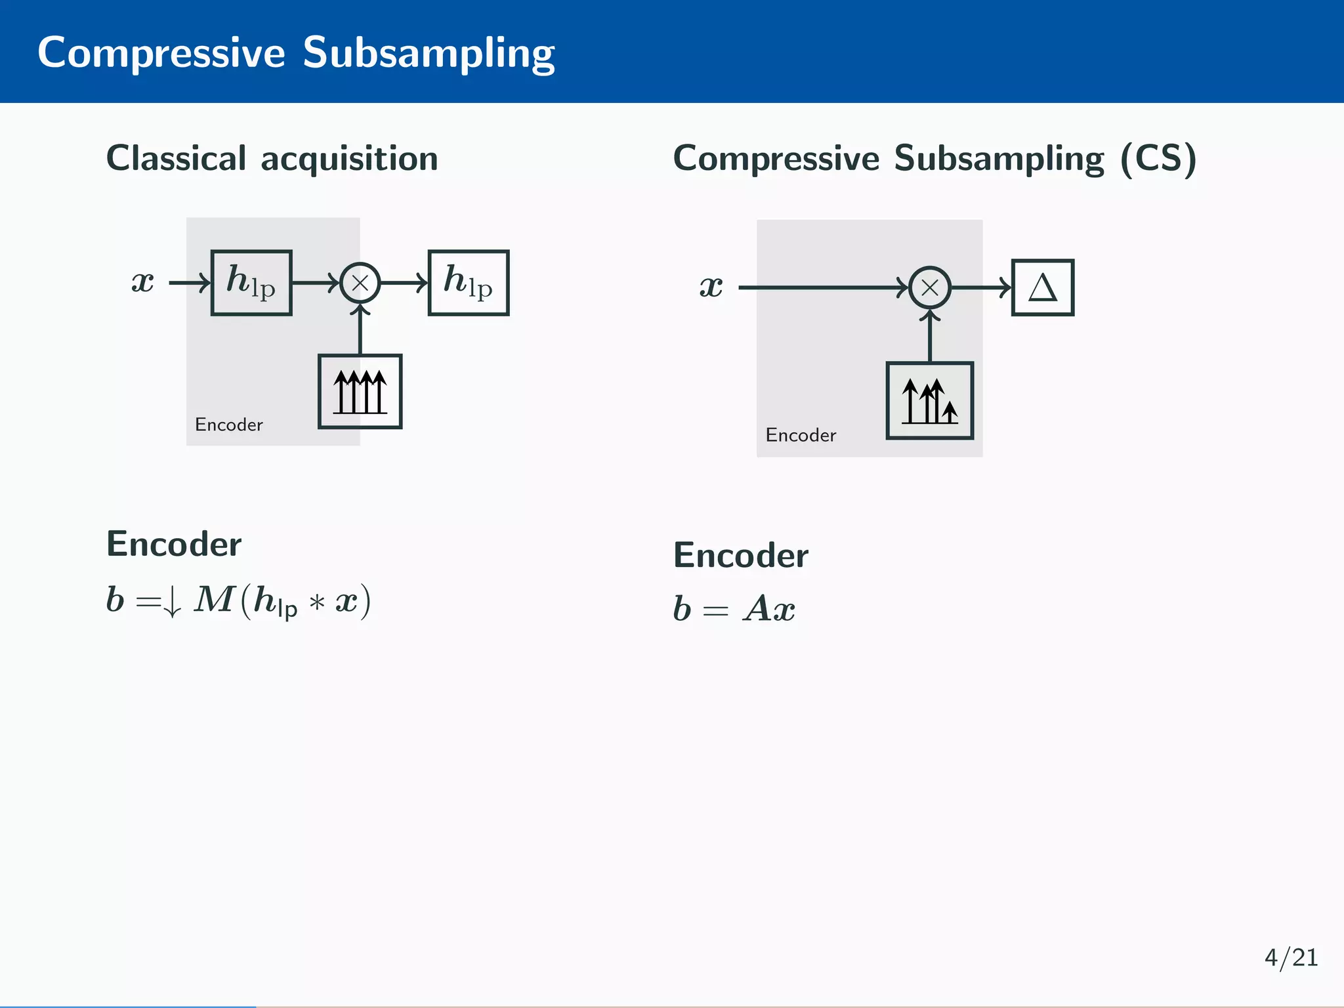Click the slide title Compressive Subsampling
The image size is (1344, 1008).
[x=296, y=52]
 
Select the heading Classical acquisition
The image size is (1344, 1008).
[x=272, y=159]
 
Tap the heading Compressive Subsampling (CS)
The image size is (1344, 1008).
[x=934, y=159]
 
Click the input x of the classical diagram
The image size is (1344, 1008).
[x=142, y=282]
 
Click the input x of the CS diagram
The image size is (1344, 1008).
[x=711, y=287]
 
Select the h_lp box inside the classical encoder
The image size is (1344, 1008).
[x=251, y=283]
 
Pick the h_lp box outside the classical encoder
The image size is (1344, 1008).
[x=468, y=283]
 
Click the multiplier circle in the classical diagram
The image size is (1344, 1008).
[x=360, y=283]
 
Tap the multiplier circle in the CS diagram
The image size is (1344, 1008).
[x=930, y=287]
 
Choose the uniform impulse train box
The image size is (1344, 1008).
[x=360, y=392]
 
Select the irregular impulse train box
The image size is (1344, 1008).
[x=930, y=400]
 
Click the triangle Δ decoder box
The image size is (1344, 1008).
[x=1043, y=287]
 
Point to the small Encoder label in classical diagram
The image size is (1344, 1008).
[x=228, y=425]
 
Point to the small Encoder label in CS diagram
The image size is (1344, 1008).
[x=801, y=435]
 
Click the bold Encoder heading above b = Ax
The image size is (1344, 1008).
[x=741, y=556]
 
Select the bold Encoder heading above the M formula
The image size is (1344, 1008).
[x=174, y=544]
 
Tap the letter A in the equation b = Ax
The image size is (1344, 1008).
[x=757, y=608]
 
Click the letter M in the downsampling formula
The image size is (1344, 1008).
[x=215, y=599]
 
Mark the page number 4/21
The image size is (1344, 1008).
[x=1291, y=958]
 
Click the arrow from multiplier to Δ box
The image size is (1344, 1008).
[x=981, y=287]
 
